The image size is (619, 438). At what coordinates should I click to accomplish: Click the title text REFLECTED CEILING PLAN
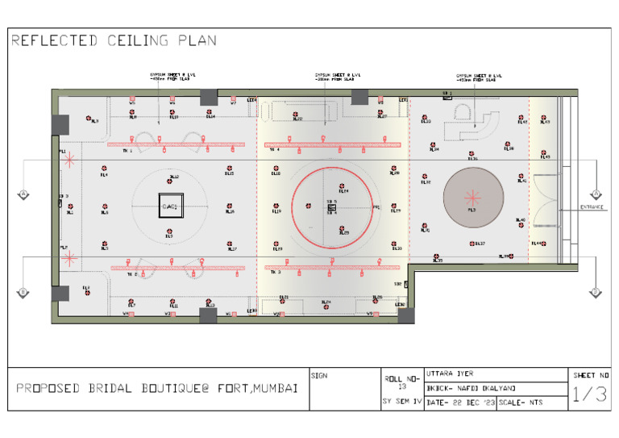[x=114, y=40]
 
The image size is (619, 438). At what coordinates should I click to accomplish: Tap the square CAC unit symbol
[x=170, y=206]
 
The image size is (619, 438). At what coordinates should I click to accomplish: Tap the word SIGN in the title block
[x=318, y=375]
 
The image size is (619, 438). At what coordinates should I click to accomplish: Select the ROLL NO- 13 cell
[x=401, y=381]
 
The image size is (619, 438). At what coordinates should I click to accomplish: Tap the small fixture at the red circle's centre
[x=331, y=208]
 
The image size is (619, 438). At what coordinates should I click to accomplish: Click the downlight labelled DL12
[x=170, y=181]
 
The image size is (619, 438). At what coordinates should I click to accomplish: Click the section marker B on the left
[x=22, y=292]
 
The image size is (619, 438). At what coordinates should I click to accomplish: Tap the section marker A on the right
[x=596, y=194]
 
